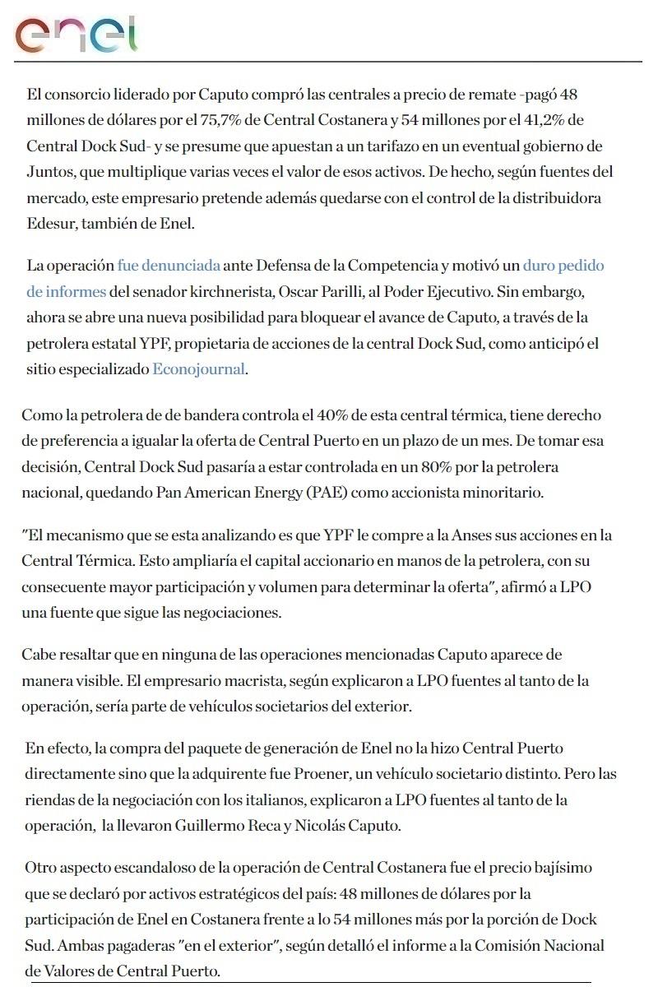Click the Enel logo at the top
tap(76, 35)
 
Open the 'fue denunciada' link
tap(169, 266)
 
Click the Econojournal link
tap(198, 369)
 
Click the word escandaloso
tap(142, 868)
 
